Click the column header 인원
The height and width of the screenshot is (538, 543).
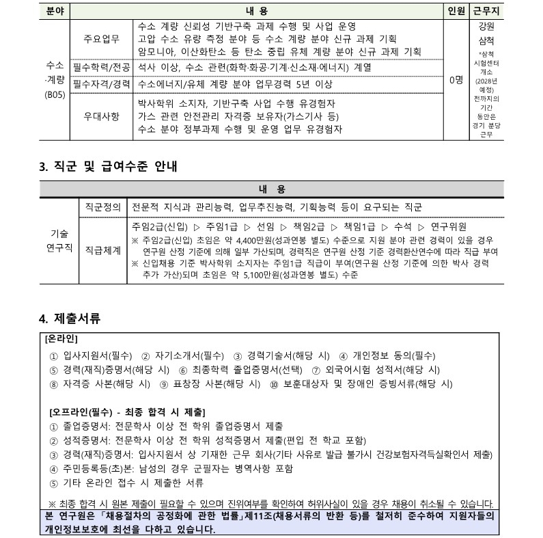pyautogui.click(x=455, y=11)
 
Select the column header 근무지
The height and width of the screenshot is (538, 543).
pyautogui.click(x=486, y=11)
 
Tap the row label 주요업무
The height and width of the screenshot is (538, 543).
pyautogui.click(x=100, y=38)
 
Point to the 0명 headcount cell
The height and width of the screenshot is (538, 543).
pyautogui.click(x=456, y=80)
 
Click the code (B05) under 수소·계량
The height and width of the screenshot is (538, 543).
pyautogui.click(x=55, y=94)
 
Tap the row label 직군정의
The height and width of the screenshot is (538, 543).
pyautogui.click(x=102, y=206)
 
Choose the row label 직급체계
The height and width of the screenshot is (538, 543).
pyautogui.click(x=102, y=251)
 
